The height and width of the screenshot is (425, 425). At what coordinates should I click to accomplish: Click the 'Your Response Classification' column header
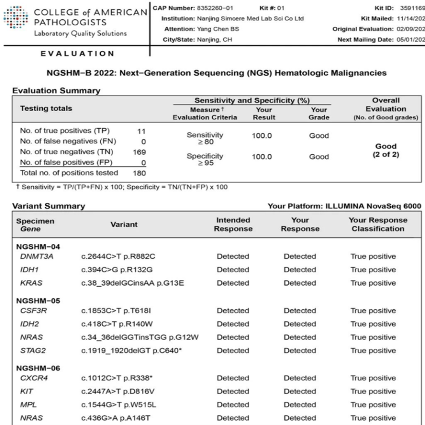tap(379, 224)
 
